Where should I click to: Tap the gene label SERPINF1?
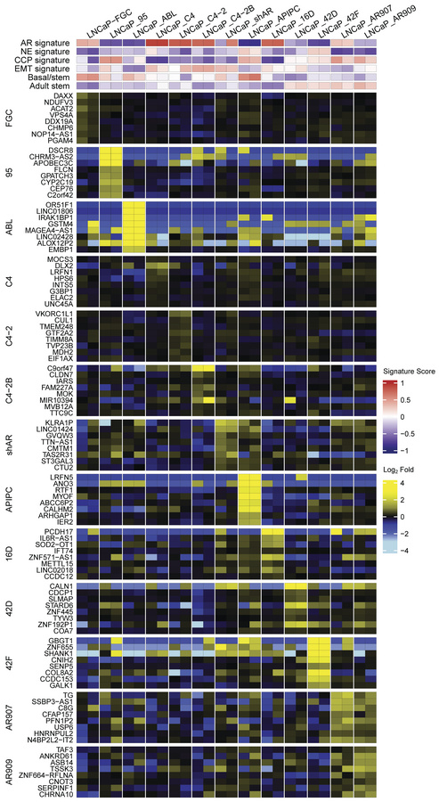(x=55, y=780)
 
